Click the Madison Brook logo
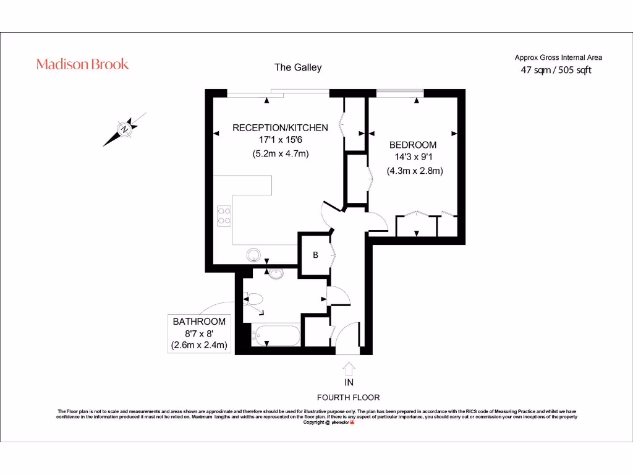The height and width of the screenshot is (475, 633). (82, 64)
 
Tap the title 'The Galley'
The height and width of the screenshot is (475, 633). (298, 67)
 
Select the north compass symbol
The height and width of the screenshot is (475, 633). (125, 129)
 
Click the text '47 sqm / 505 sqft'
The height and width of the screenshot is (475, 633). (556, 70)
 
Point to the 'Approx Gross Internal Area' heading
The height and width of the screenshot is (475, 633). (558, 58)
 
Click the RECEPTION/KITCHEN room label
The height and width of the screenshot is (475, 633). (280, 127)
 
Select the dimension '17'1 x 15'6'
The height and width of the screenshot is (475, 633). (280, 140)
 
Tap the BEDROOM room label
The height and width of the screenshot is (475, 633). (412, 145)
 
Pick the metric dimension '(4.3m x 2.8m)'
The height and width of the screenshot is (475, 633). (415, 171)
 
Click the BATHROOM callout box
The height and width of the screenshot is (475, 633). (199, 333)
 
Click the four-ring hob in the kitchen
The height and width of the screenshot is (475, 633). (224, 215)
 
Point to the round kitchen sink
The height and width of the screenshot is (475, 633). (253, 254)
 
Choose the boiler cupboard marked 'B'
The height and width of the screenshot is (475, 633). (315, 254)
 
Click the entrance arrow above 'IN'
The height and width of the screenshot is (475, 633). (348, 369)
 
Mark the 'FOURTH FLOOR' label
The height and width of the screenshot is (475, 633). (348, 398)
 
